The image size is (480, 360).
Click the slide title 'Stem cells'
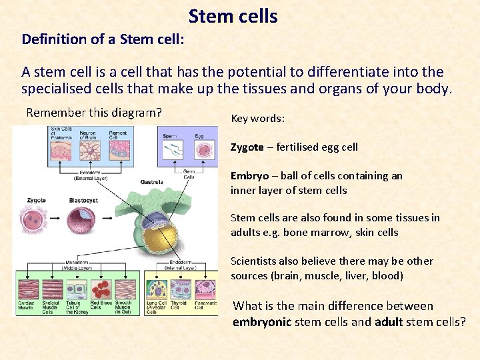click(x=233, y=16)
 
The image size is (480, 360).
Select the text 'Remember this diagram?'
click(x=94, y=113)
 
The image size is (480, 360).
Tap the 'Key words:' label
click(x=258, y=119)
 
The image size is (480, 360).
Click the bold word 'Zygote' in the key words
click(x=247, y=147)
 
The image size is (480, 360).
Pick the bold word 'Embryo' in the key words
click(x=249, y=176)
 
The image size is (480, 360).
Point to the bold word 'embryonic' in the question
click(x=261, y=323)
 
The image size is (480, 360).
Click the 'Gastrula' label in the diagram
click(x=151, y=182)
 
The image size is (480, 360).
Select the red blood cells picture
click(x=100, y=289)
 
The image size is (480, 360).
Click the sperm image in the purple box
click(x=171, y=150)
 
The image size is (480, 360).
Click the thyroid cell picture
click(x=179, y=289)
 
